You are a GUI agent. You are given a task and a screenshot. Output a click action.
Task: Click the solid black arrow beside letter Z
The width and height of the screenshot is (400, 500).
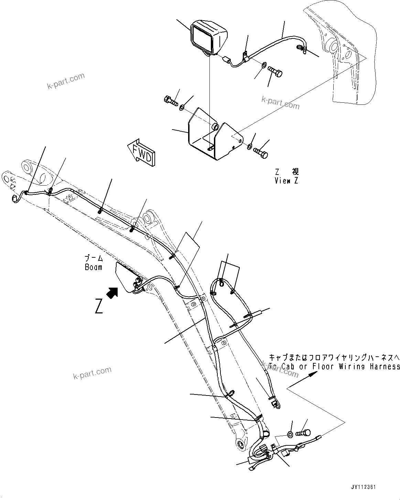(x=112, y=292)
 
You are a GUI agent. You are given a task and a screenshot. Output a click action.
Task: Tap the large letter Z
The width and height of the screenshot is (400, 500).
(x=99, y=306)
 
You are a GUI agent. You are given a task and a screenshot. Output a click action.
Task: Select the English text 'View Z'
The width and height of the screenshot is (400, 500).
(x=286, y=181)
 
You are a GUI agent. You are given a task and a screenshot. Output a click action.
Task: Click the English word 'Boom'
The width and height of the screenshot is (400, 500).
(x=94, y=267)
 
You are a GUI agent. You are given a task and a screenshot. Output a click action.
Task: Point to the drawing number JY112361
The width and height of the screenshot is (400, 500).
(x=364, y=487)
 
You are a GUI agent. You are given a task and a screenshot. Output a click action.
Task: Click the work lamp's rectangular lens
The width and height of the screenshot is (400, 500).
(x=202, y=38)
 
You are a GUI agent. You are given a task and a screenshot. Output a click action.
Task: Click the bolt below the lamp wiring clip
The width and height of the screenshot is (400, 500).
(x=274, y=73)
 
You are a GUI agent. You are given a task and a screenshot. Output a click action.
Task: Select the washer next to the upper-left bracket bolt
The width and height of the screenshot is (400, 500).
(x=182, y=108)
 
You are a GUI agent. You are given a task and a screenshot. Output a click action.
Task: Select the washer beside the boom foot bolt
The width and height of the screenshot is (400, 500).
(x=290, y=435)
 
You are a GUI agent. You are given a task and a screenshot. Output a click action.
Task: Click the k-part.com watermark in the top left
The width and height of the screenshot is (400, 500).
(x=66, y=81)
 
